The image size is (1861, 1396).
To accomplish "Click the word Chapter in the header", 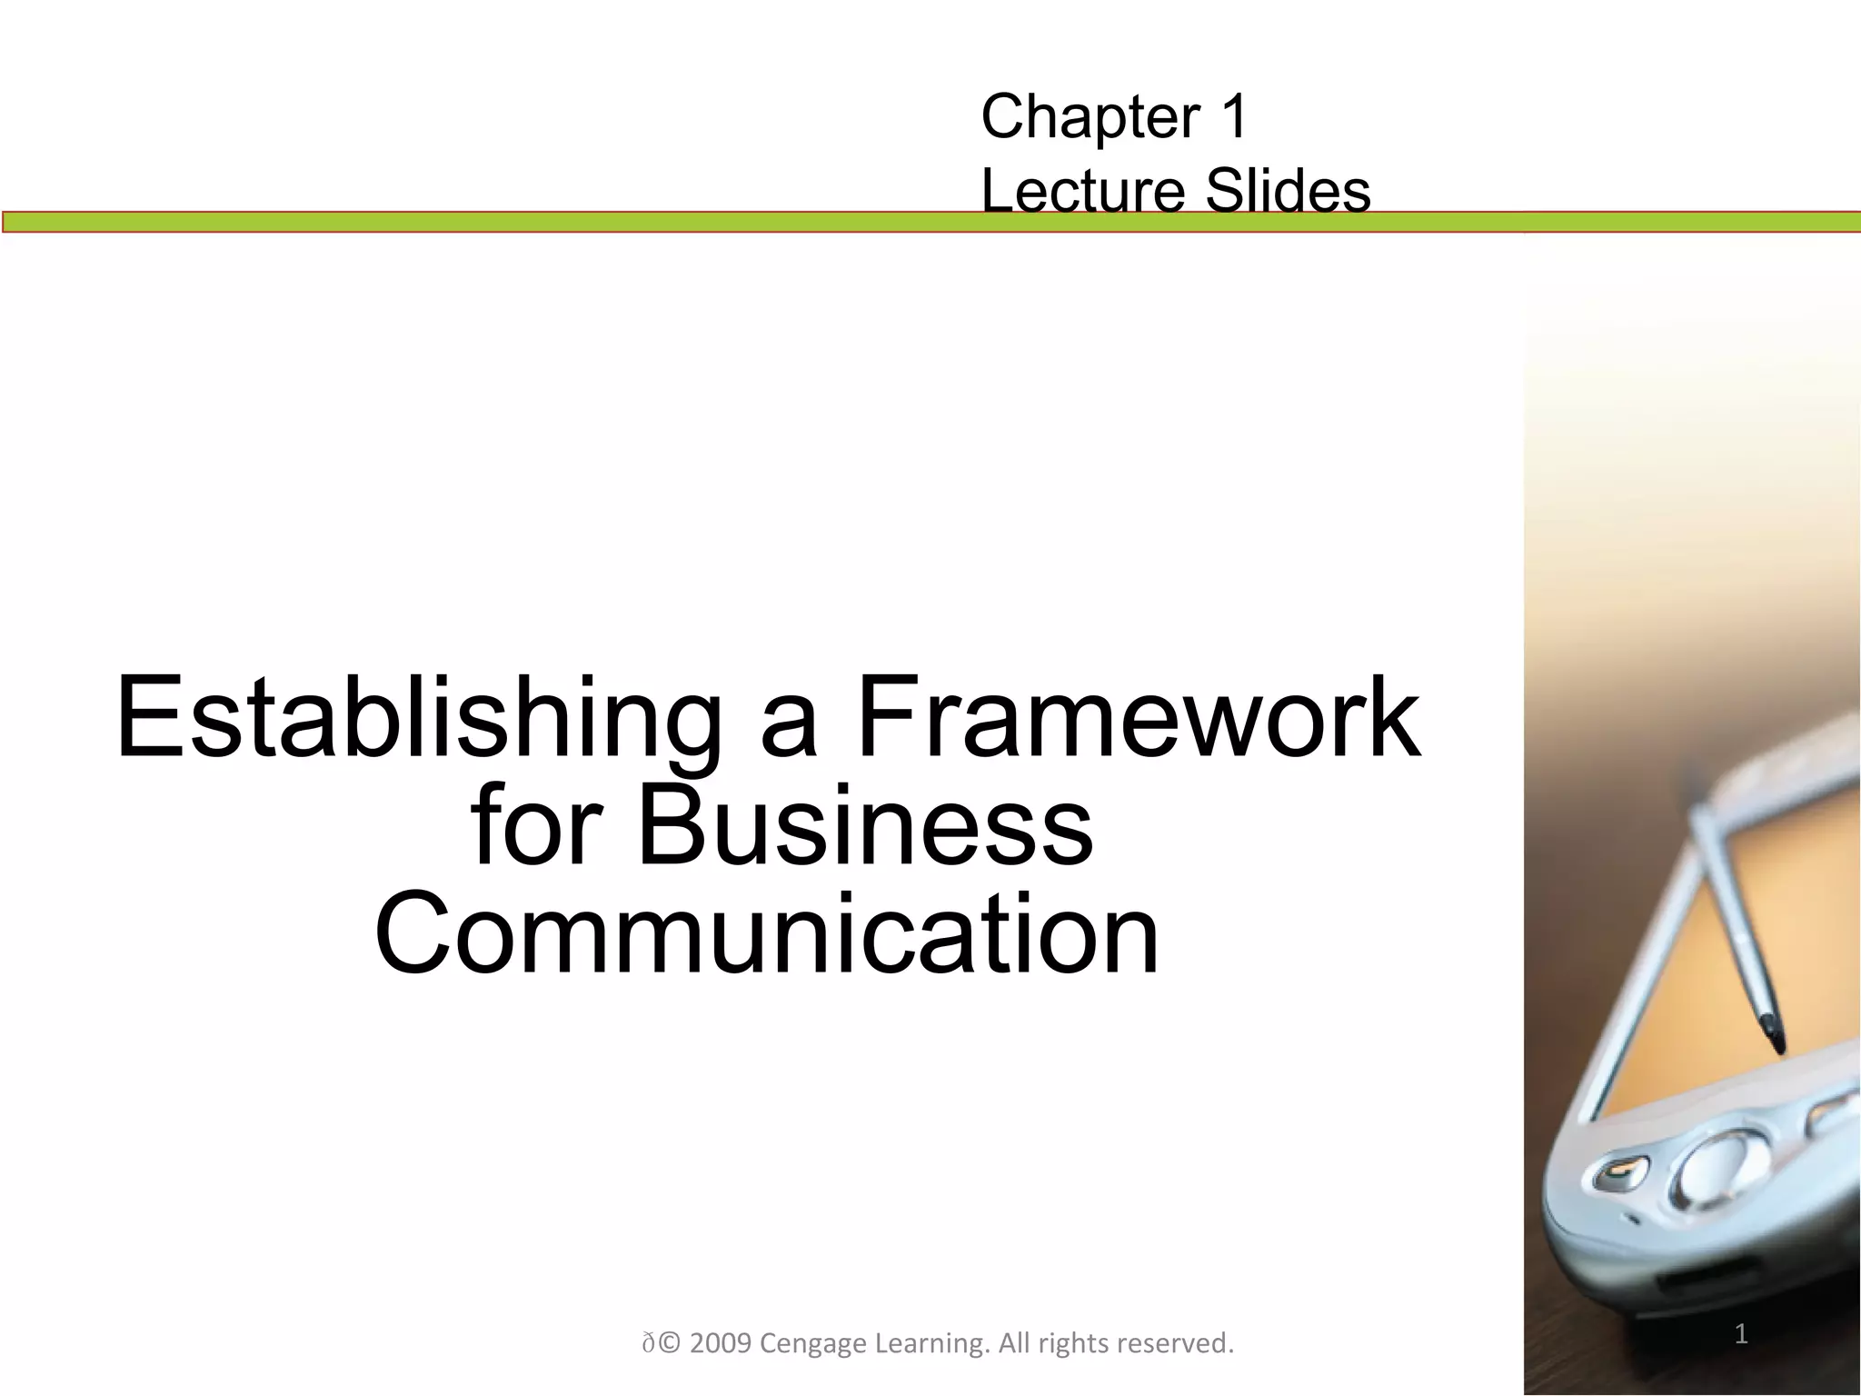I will [1081, 118].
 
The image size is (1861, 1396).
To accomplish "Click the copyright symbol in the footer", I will [669, 1343].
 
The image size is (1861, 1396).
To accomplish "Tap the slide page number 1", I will [1741, 1335].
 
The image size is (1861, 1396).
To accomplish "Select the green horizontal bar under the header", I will [454, 222].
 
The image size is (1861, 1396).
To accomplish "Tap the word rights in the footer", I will [1075, 1343].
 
